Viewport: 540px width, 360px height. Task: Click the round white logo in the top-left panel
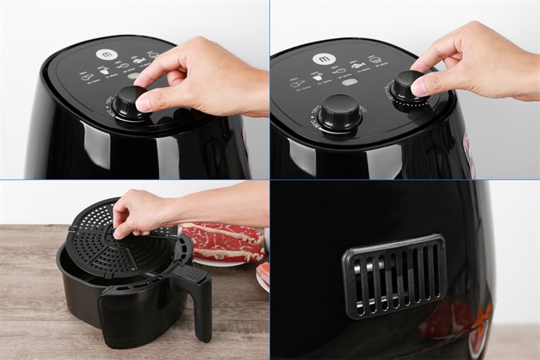(106, 55)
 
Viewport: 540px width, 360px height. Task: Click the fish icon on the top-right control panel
(357, 66)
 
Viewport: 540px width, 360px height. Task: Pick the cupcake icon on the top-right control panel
(297, 82)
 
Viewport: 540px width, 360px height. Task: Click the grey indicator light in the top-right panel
(349, 82)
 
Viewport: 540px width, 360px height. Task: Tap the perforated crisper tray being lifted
(116, 247)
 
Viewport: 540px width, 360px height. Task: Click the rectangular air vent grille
(394, 275)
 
